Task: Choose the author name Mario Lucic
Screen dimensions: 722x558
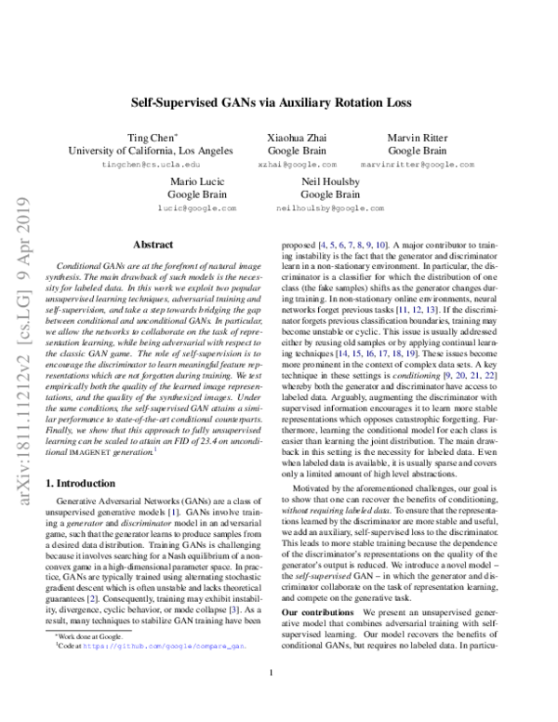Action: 195,180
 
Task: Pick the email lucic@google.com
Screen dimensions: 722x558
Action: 195,208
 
